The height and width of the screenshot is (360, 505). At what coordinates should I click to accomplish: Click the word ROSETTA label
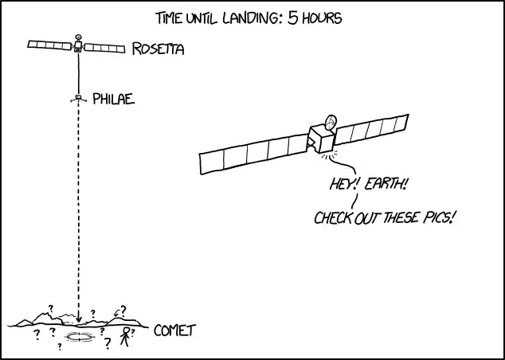159,49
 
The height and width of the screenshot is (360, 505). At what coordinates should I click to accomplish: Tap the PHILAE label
114,100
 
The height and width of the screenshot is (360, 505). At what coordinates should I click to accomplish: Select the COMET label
175,331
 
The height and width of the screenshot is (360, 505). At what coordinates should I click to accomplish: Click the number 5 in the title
293,18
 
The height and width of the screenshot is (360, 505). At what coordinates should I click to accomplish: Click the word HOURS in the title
322,18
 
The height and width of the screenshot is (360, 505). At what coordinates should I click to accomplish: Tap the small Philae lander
78,99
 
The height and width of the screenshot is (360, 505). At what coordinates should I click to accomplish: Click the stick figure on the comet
125,337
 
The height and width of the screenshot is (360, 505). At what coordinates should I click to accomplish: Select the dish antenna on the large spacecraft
331,123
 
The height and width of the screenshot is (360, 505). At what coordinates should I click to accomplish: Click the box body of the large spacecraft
322,139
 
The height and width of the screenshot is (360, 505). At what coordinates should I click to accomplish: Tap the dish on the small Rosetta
78,37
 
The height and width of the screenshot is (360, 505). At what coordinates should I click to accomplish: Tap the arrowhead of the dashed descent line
78,319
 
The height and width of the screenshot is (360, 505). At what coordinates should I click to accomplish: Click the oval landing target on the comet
79,337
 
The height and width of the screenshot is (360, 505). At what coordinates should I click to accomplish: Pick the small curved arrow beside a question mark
116,313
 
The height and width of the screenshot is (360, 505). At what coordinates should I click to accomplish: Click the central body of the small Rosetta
78,46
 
